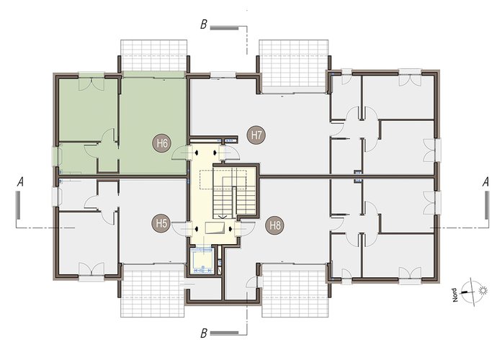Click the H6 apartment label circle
[162, 143]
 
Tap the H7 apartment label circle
[256, 135]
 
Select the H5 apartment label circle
[161, 223]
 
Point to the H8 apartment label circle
[275, 225]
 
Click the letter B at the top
[204, 24]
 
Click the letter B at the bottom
[204, 333]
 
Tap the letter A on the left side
[20, 182]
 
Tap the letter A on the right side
[485, 182]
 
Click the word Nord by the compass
[455, 294]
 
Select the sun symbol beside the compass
[483, 290]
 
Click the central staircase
[235, 192]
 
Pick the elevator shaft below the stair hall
[203, 261]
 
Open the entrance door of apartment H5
[181, 228]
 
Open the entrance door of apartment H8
[246, 228]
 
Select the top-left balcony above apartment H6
[153, 55]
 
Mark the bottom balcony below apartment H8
[295, 290]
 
